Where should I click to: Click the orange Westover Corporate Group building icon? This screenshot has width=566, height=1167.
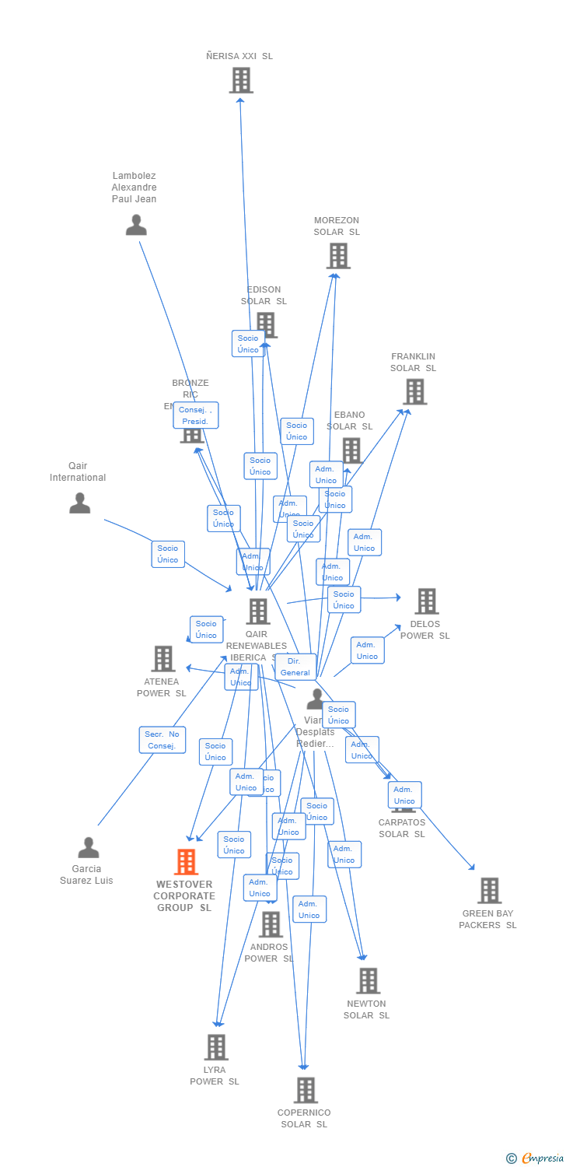pos(186,862)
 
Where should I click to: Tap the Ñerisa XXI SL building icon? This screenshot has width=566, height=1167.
pos(241,80)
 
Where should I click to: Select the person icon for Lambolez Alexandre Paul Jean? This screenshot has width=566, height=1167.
pos(136,225)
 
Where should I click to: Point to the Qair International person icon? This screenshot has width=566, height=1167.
pos(79,503)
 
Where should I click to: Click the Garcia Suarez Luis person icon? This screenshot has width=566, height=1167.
pos(89,847)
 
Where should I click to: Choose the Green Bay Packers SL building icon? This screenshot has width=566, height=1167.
pos(489,890)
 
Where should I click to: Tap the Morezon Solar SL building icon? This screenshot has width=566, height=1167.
pos(338,256)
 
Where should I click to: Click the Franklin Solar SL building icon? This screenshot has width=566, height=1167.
pos(415,391)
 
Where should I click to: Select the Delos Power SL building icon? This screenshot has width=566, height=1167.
pos(426,601)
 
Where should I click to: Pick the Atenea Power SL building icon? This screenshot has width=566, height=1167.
pos(162,658)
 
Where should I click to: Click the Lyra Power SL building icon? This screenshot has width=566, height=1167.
pos(216,1047)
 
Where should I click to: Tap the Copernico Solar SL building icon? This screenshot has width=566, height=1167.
pos(306,1090)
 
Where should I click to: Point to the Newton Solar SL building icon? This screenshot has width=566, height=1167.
pos(368,981)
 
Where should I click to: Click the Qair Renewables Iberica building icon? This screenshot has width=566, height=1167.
pos(258,612)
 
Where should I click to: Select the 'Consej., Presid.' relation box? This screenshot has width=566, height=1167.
pos(196,415)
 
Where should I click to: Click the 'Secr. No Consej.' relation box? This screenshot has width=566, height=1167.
pos(162,740)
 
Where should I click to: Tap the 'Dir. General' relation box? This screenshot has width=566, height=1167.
pos(295,667)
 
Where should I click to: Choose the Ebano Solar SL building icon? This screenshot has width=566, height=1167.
pos(351,450)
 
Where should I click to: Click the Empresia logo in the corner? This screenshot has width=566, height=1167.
pos(534,1158)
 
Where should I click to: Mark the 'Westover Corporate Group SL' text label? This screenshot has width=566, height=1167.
pos(184,896)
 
